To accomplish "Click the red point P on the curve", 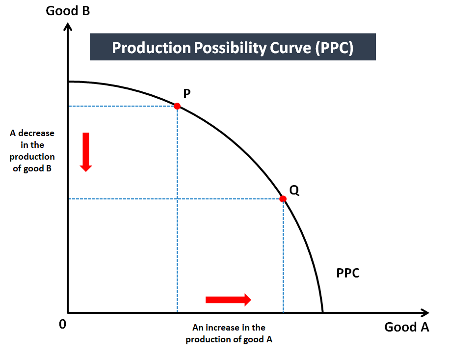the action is click(177, 106).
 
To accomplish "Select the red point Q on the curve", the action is click(283, 198).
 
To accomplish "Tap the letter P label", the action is click(186, 93).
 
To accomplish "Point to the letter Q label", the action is click(294, 190).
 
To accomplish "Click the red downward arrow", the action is click(86, 152).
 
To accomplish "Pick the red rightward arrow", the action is click(228, 300).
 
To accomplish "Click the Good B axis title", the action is click(68, 11).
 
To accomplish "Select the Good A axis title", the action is click(407, 327).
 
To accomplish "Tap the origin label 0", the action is click(62, 324).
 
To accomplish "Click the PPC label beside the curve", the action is click(348, 273).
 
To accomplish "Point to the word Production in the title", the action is click(151, 47).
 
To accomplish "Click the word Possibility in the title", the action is click(231, 48).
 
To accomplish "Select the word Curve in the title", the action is click(291, 48).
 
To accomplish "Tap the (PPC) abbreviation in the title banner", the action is click(334, 48).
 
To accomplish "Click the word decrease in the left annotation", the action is click(36, 133).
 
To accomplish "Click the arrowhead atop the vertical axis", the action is click(68, 27).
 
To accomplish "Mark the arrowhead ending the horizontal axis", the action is click(425, 313).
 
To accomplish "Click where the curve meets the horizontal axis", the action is click(323, 312).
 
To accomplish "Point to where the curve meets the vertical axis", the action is click(68, 82).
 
